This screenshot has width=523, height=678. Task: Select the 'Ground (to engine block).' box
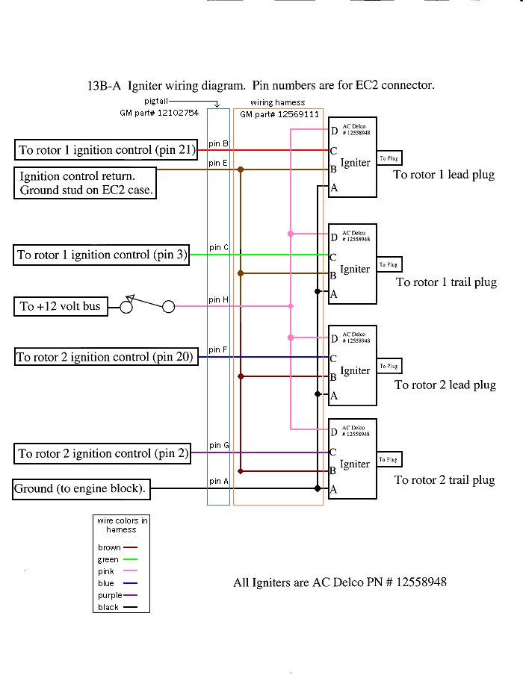click(81, 490)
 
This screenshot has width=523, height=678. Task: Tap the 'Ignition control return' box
click(87, 184)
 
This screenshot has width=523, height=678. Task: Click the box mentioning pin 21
click(106, 150)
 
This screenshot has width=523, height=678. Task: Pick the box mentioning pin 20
click(105, 357)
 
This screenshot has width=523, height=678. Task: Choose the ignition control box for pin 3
click(102, 255)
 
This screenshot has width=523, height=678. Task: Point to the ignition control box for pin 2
click(102, 453)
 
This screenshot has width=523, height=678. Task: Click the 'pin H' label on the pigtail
click(218, 299)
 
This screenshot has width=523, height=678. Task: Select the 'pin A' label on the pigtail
click(218, 482)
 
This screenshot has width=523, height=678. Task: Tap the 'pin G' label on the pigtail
click(218, 446)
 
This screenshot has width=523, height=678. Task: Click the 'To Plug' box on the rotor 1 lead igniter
click(389, 158)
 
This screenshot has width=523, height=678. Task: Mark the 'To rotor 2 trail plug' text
click(445, 480)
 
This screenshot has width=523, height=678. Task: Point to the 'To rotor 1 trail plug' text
click(446, 282)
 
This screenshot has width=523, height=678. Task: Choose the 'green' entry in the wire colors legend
click(108, 559)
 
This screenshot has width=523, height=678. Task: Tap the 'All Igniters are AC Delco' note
click(340, 582)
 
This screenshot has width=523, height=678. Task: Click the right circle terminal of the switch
click(169, 306)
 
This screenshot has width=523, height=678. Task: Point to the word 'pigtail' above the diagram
click(157, 101)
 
